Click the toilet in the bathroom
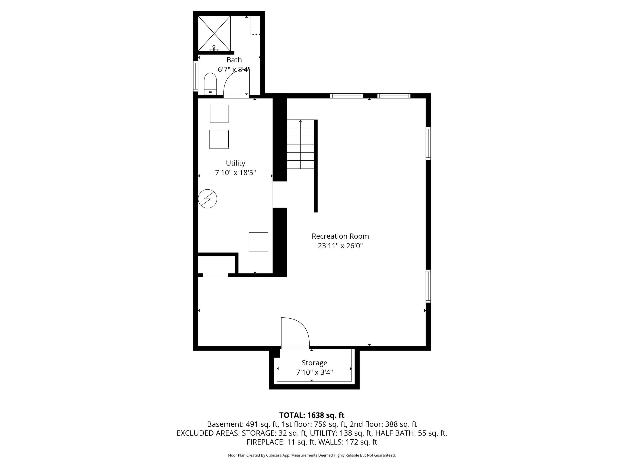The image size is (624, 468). pyautogui.click(x=210, y=84)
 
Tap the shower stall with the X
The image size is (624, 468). pyautogui.click(x=214, y=34)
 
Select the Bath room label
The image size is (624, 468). pyautogui.click(x=234, y=60)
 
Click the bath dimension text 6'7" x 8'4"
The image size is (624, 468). pyautogui.click(x=234, y=69)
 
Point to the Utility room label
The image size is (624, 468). pyautogui.click(x=235, y=163)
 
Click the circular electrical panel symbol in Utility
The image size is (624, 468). pyautogui.click(x=208, y=199)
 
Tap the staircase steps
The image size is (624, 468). pyautogui.click(x=301, y=144)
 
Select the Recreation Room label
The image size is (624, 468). pyautogui.click(x=340, y=236)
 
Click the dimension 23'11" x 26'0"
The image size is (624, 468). pyautogui.click(x=340, y=246)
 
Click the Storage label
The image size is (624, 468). pyautogui.click(x=314, y=363)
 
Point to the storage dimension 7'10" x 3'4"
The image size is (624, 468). pyautogui.click(x=314, y=372)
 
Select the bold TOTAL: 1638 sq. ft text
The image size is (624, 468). pyautogui.click(x=312, y=415)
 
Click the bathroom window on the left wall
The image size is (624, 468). pyautogui.click(x=195, y=76)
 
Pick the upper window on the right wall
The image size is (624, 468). pyautogui.click(x=428, y=143)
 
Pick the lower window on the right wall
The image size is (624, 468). pyautogui.click(x=428, y=286)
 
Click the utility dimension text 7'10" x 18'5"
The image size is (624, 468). pyautogui.click(x=235, y=173)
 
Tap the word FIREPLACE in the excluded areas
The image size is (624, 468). pyautogui.click(x=265, y=442)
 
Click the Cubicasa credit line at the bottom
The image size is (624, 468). pyautogui.click(x=312, y=455)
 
